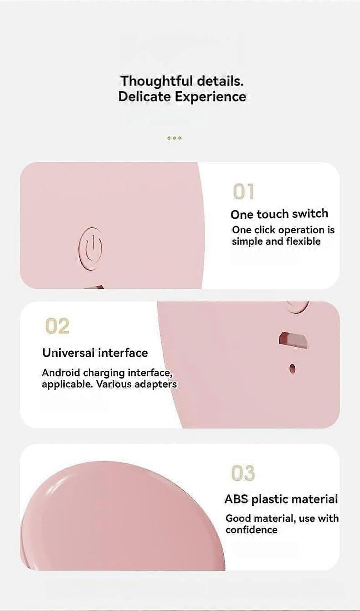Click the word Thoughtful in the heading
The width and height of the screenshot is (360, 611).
coord(157,82)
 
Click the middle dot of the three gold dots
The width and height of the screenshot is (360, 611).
coord(175,138)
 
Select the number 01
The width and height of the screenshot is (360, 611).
coord(243,191)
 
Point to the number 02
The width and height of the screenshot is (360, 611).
coord(57,326)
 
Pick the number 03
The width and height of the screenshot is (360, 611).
coord(243,473)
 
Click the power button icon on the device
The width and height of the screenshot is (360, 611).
coord(90,248)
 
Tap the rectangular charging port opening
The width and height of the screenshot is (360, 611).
coord(293,340)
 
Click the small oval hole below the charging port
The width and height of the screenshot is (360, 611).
coord(293,369)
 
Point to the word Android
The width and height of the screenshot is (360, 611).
coord(61,372)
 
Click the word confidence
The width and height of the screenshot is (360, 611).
coord(252,530)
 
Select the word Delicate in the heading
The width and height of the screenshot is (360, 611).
coord(145,97)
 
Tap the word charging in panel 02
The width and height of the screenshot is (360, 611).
coord(104,373)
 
